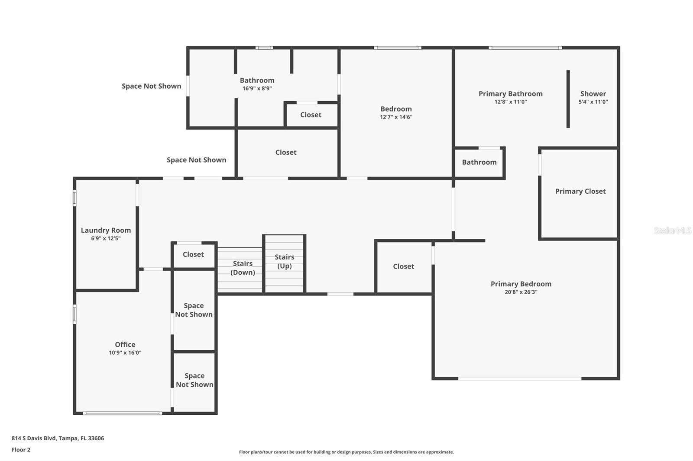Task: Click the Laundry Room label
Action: [106, 230]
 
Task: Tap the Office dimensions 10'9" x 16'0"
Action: [125, 352]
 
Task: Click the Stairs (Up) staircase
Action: [285, 263]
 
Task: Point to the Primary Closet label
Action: [580, 191]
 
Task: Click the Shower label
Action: [593, 94]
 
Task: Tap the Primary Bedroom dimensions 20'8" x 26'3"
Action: [521, 292]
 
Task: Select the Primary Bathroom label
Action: [510, 94]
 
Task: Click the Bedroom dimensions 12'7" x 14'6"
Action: [396, 117]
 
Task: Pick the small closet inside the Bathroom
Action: [311, 115]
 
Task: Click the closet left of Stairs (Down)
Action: [193, 255]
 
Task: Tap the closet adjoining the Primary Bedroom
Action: [404, 267]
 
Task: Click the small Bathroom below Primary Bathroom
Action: [479, 163]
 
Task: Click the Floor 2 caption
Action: [21, 450]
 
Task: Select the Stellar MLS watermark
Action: [672, 230]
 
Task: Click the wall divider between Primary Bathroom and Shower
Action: [568, 99]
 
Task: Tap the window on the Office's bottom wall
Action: [123, 413]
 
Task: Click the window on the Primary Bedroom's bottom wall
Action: [520, 378]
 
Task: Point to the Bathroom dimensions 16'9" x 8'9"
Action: [257, 88]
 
